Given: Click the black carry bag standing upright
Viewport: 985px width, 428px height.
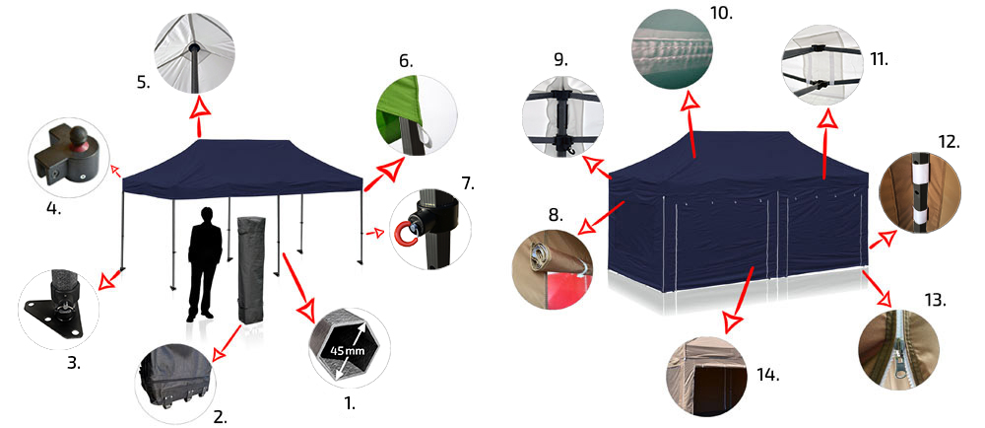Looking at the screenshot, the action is (x=252, y=269).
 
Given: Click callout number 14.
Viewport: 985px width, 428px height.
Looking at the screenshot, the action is (x=767, y=377).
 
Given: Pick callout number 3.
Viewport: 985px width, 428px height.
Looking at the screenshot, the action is (x=74, y=363).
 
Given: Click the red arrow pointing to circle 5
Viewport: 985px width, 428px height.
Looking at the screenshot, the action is (x=199, y=115).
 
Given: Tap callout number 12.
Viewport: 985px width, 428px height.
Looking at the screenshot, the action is (x=949, y=142).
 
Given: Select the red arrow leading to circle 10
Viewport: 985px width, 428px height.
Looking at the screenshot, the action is (x=691, y=125).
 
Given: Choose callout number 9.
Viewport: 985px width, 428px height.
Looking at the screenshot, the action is (x=561, y=60).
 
